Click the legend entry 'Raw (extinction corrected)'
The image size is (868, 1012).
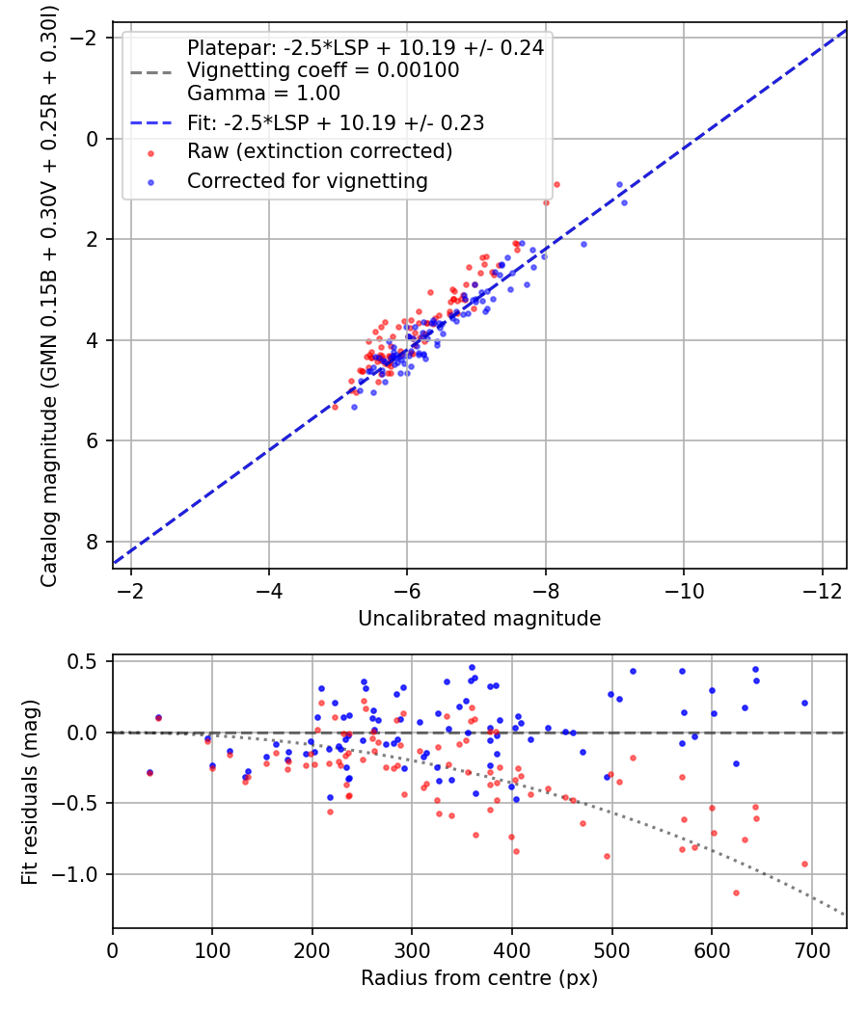tap(319, 151)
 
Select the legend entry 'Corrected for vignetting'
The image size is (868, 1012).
tap(308, 181)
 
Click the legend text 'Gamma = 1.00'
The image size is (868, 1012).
tap(263, 93)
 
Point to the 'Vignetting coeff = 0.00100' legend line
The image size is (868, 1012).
tap(323, 70)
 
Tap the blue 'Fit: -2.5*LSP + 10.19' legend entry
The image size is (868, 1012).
tap(336, 122)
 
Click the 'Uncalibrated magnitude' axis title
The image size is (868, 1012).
tap(479, 619)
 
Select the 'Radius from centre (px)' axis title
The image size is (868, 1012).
tap(479, 978)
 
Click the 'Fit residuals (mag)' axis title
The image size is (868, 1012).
tap(30, 791)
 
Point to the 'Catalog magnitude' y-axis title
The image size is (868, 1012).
tap(49, 296)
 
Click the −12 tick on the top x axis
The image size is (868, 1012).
tap(822, 591)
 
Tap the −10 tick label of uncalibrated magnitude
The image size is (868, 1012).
tap(684, 591)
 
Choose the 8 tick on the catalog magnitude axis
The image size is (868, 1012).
tap(93, 542)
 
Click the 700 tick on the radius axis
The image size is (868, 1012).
tap(811, 950)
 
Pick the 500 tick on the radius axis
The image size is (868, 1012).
tap(611, 950)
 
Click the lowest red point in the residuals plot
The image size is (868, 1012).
tap(736, 893)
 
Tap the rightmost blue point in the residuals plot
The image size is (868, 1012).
tap(804, 703)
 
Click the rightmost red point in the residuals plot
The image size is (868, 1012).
tap(804, 865)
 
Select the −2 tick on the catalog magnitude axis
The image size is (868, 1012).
tap(83, 39)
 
